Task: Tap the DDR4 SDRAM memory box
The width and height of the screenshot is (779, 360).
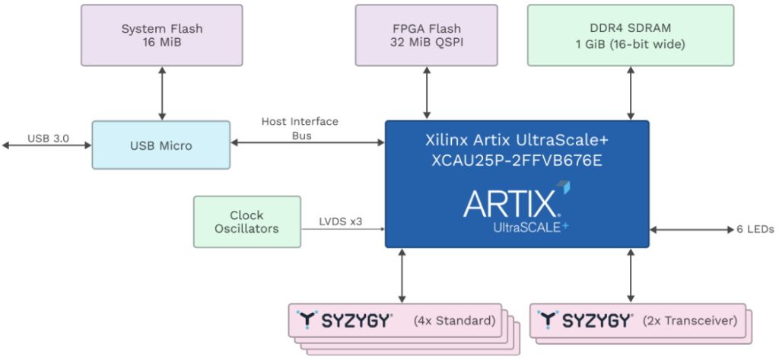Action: coord(630,35)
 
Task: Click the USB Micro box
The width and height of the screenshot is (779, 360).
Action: coord(160,145)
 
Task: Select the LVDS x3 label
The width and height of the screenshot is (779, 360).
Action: coord(340,222)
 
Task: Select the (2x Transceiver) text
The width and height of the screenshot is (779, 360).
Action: coord(691,320)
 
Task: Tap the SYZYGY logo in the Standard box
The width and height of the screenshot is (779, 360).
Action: coord(345,320)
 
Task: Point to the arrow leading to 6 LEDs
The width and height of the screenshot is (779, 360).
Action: coord(688,229)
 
